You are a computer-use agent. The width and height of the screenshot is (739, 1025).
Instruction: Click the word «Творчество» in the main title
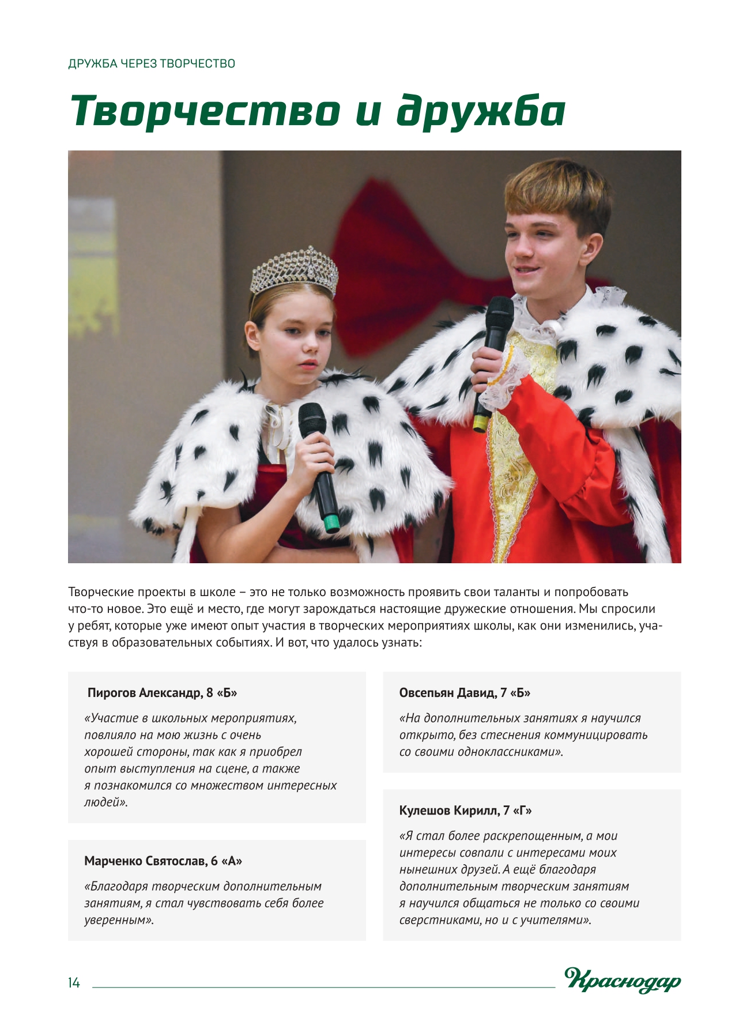pos(204,111)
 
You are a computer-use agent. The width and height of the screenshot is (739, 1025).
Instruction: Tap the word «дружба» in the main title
pos(481,111)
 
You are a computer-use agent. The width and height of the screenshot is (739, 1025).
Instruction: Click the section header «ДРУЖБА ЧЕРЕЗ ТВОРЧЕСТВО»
pos(152,63)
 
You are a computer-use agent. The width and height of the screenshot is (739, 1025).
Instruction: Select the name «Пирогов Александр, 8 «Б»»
pos(162,692)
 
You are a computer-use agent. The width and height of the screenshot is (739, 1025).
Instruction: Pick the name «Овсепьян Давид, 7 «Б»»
pos(465,692)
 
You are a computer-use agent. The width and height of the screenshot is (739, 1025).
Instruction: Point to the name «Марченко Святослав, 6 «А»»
pos(163,861)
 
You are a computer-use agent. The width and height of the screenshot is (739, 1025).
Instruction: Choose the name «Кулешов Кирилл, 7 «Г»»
pos(465,810)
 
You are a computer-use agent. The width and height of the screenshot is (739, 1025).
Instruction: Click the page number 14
pos(74,983)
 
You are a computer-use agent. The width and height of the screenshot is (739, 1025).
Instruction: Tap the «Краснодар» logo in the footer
pos(623,981)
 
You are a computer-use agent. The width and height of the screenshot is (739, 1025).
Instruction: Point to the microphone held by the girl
pos(319,461)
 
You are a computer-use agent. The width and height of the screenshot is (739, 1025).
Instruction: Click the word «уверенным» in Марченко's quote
pos(118,920)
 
